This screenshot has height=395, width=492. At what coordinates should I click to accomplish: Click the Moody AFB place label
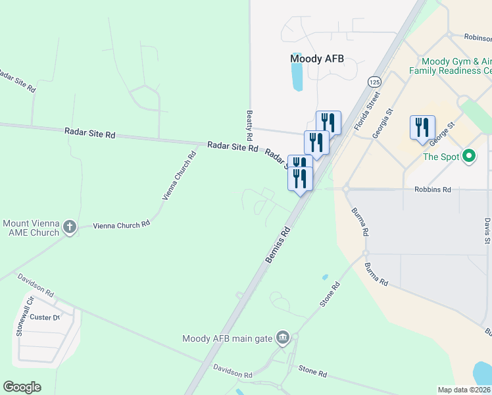point(317,59)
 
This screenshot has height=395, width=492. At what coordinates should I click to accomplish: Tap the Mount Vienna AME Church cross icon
point(70,228)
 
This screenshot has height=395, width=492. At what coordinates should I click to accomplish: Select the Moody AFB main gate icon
point(283,338)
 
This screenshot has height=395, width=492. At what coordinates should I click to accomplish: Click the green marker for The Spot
point(469,157)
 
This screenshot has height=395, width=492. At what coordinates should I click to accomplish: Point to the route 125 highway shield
point(374,82)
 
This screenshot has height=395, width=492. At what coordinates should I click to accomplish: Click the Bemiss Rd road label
point(278,245)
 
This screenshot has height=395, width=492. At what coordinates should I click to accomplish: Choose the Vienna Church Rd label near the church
point(122,225)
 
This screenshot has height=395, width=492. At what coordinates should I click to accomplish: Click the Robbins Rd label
point(432,190)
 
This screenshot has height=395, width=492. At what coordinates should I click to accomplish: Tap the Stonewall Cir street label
point(20,323)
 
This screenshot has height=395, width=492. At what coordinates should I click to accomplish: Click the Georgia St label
point(381,124)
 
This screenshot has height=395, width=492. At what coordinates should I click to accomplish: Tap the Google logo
point(22,387)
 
